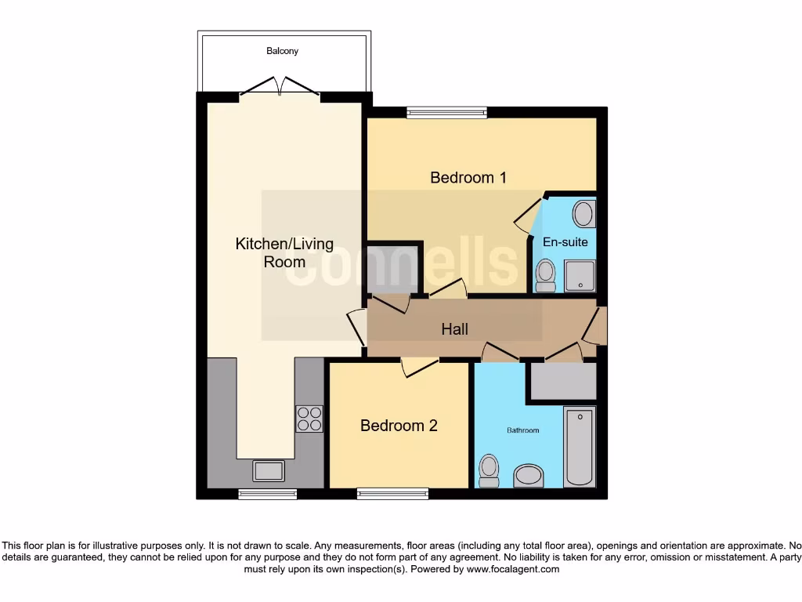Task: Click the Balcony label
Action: coord(282,51)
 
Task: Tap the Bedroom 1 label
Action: coord(468,178)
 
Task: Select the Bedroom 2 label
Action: coord(399,426)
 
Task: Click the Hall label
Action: coord(454,329)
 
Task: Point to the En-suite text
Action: coord(565,242)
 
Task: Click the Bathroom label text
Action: coord(523,430)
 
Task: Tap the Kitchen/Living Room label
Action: coord(284,252)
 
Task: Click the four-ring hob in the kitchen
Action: coord(309,418)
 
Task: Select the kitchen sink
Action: coord(269,470)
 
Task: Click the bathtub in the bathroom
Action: coord(580,446)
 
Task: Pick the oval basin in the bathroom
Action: coord(529,476)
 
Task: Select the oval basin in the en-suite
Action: coord(583,213)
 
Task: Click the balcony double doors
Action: coord(280,86)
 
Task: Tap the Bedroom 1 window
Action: coord(446,113)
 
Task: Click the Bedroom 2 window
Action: coord(392,494)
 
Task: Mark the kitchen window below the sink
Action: coord(268,494)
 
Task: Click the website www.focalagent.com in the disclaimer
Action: coord(513,569)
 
